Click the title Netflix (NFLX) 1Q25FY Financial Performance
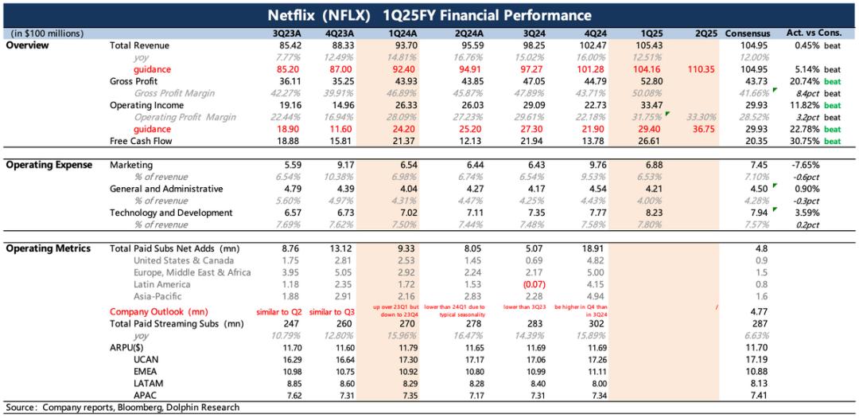(429, 15)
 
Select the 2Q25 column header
(705, 33)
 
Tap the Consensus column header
(748, 33)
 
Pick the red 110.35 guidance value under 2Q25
(705, 69)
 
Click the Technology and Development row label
(171, 213)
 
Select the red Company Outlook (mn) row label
(158, 311)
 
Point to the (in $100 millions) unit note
(47, 33)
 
